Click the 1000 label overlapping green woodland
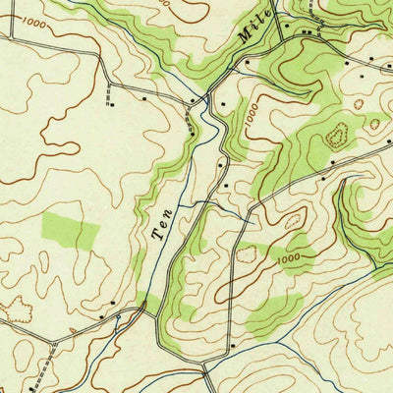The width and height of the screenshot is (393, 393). point(289,258)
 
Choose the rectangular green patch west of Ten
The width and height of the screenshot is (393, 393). point(71,230)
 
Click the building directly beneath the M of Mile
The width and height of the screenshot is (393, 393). point(246,61)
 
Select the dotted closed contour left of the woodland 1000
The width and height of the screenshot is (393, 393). point(245,255)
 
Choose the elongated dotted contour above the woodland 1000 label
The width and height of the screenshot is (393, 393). point(293,222)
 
